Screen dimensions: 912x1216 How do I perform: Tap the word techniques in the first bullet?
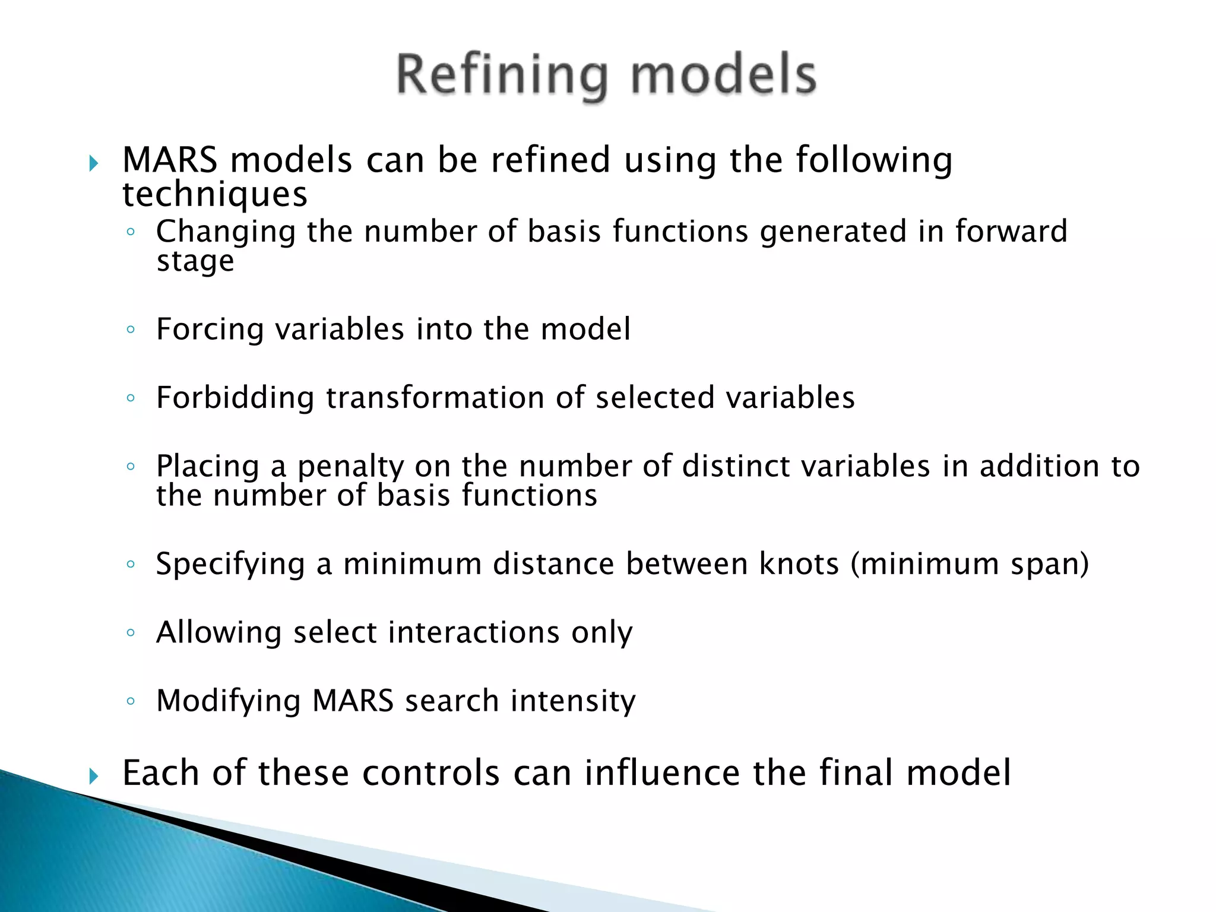214,195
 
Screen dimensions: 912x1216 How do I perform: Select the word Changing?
226,232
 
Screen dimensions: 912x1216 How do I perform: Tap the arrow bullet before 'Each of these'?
94,775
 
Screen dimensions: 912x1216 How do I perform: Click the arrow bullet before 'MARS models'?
94,163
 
